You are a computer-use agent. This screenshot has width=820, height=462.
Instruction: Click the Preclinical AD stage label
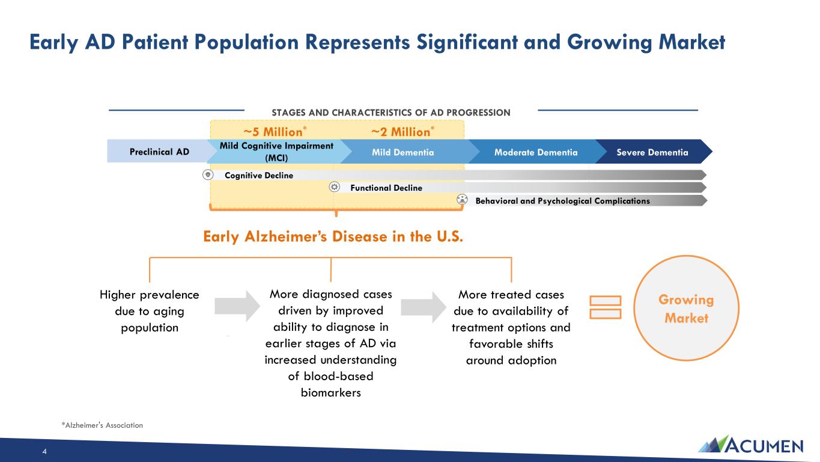pyautogui.click(x=159, y=152)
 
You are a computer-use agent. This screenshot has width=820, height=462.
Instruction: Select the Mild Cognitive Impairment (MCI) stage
pyautogui.click(x=276, y=152)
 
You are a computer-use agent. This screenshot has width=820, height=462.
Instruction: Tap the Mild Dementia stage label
pyautogui.click(x=402, y=152)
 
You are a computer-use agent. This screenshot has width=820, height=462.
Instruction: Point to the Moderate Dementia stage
pyautogui.click(x=536, y=152)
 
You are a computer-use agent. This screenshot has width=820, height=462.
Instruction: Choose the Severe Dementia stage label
pyautogui.click(x=652, y=152)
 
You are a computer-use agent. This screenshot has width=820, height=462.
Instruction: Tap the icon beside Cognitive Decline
pyautogui.click(x=208, y=174)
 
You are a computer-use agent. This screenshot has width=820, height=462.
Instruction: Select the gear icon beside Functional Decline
pyautogui.click(x=334, y=187)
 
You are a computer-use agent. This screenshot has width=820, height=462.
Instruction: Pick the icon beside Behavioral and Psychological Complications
pyautogui.click(x=462, y=200)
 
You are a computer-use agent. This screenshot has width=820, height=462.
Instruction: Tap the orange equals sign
pyautogui.click(x=606, y=307)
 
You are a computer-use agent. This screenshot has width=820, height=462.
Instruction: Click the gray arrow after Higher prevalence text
pyautogui.click(x=237, y=306)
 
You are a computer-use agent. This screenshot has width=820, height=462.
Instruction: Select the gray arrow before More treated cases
pyautogui.click(x=424, y=307)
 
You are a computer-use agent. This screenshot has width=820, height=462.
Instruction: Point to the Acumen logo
pyautogui.click(x=750, y=445)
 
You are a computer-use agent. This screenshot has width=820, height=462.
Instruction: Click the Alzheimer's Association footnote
pyautogui.click(x=102, y=425)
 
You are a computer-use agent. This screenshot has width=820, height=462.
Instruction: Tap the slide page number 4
pyautogui.click(x=44, y=451)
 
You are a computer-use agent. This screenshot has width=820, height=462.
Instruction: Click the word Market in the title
pyautogui.click(x=692, y=42)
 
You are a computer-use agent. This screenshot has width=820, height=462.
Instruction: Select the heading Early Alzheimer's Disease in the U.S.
pyautogui.click(x=333, y=236)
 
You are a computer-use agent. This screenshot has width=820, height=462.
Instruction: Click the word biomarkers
pyautogui.click(x=331, y=393)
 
